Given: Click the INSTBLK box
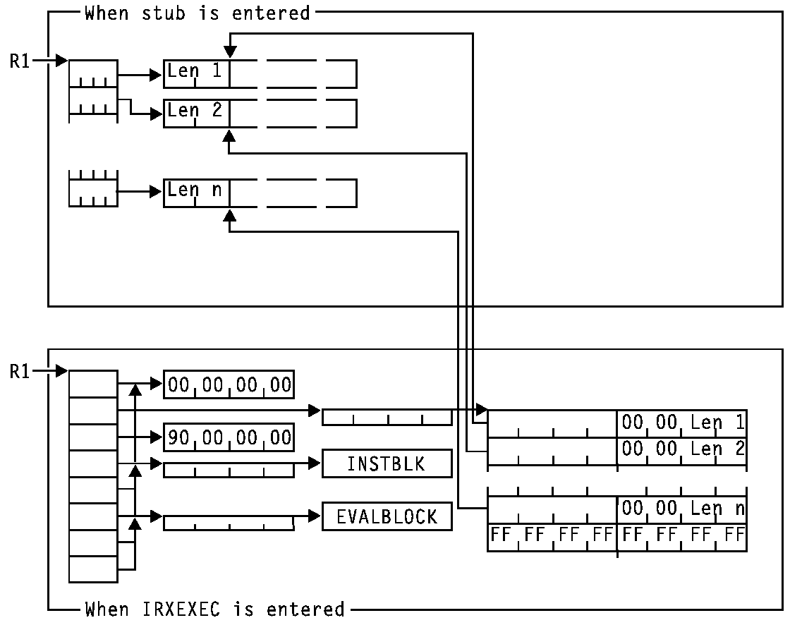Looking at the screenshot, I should pyautogui.click(x=387, y=464).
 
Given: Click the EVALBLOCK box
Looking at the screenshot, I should pyautogui.click(x=387, y=517).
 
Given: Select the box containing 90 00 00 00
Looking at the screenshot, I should pyautogui.click(x=229, y=437).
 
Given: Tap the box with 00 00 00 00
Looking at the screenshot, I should pyautogui.click(x=229, y=384).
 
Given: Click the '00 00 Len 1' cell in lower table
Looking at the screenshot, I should pyautogui.click(x=681, y=423).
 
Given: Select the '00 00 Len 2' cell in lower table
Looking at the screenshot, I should pyautogui.click(x=681, y=449).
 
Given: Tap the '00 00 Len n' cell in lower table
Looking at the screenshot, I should pyautogui.click(x=681, y=509).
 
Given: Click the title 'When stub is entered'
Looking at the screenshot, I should pyautogui.click(x=197, y=12).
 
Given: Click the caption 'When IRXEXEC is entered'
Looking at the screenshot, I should pyautogui.click(x=214, y=609).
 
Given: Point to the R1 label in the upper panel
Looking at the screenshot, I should pyautogui.click(x=20, y=61).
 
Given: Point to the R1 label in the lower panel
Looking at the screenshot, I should pyautogui.click(x=20, y=371).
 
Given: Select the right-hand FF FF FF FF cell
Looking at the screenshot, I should pyautogui.click(x=681, y=535).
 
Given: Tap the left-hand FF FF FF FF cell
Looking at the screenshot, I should pyautogui.click(x=552, y=535).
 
